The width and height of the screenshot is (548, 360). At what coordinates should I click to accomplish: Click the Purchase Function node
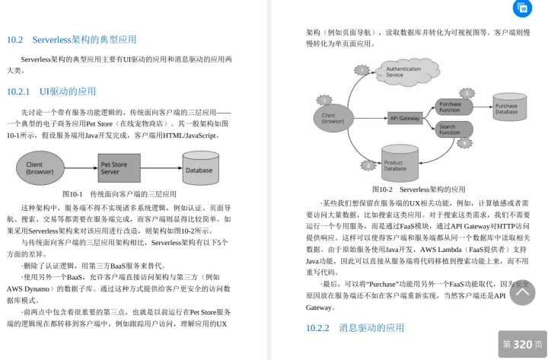pyautogui.click(x=449, y=107)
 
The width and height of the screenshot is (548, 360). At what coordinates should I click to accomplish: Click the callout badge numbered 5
pyautogui.click(x=467, y=93)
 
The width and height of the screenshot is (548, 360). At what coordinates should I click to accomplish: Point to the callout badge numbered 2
pyautogui.click(x=368, y=164)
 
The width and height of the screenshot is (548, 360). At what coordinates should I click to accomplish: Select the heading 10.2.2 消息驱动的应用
pyautogui.click(x=355, y=328)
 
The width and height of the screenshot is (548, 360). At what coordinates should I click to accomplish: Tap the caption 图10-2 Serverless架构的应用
pyautogui.click(x=419, y=189)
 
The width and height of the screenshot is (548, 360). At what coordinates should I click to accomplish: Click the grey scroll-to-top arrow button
pyautogui.click(x=522, y=292)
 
